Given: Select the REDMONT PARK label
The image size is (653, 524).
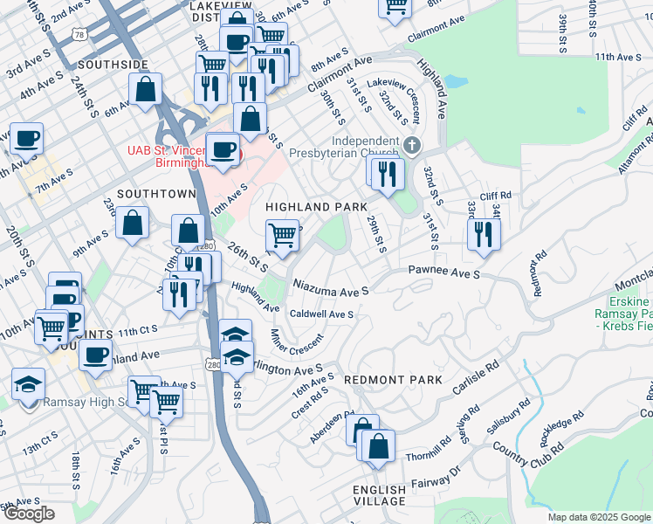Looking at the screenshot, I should (393, 381).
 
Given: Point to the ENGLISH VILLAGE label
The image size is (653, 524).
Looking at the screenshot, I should (380, 495).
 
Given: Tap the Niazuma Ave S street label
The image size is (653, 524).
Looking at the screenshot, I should (331, 286).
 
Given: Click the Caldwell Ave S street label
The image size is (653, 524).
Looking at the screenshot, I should (321, 314).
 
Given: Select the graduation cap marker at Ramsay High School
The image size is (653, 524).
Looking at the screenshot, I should (29, 383).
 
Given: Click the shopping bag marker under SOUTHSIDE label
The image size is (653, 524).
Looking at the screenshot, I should (145, 88).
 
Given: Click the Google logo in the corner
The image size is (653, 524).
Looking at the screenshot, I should (29, 514).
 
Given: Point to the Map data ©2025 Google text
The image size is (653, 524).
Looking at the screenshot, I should (599, 517).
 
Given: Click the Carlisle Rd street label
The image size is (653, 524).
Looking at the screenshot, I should (475, 377).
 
